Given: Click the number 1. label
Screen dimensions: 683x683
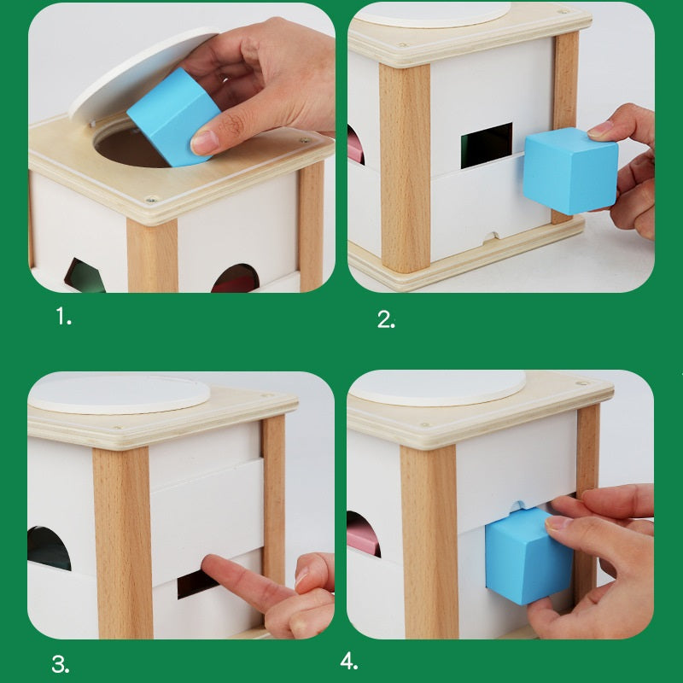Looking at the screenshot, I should [64, 318].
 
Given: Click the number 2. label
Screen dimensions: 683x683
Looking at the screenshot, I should [386, 319].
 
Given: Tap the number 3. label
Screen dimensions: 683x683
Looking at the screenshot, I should [60, 664].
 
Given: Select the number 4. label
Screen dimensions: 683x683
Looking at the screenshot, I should [349, 661].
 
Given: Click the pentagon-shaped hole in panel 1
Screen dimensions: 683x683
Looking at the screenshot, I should [85, 275].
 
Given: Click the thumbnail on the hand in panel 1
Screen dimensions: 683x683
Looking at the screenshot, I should [206, 142].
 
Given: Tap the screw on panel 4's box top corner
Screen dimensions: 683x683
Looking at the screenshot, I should [583, 386].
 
